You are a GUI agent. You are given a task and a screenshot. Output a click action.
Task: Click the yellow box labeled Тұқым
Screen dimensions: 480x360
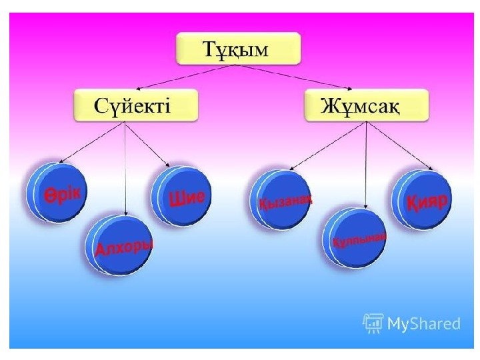[238, 49]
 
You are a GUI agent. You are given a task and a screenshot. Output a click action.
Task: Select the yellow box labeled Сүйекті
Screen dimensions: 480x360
[135, 107]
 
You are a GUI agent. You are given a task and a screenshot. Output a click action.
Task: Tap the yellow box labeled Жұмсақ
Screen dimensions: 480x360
[366, 107]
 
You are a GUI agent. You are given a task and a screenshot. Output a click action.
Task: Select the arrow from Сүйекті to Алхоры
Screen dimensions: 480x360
[126, 170]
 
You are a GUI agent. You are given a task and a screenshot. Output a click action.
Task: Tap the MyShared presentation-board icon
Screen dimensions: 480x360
[373, 323]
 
